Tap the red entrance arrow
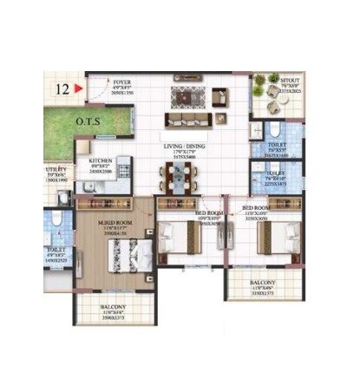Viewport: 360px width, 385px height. [79, 88]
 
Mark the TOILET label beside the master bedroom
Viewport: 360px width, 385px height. [57, 253]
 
